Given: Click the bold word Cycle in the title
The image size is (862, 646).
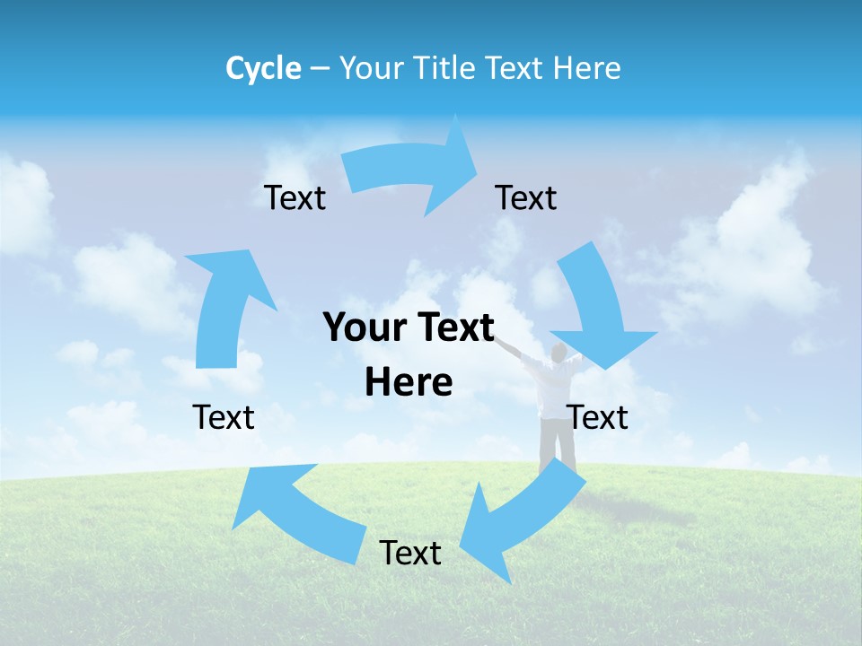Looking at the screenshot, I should [x=263, y=68].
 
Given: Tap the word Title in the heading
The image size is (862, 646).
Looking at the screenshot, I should [x=441, y=68].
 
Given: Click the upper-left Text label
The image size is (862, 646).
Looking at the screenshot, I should [x=295, y=197].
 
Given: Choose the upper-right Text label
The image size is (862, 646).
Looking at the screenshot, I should [x=525, y=197].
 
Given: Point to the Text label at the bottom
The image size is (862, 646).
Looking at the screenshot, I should [x=410, y=553].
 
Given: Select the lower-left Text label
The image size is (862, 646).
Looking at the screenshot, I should [x=224, y=417].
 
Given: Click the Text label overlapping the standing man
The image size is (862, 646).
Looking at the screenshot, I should [x=597, y=417].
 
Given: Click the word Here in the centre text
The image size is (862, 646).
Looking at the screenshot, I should [x=409, y=382].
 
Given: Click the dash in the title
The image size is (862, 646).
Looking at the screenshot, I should [x=320, y=68].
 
